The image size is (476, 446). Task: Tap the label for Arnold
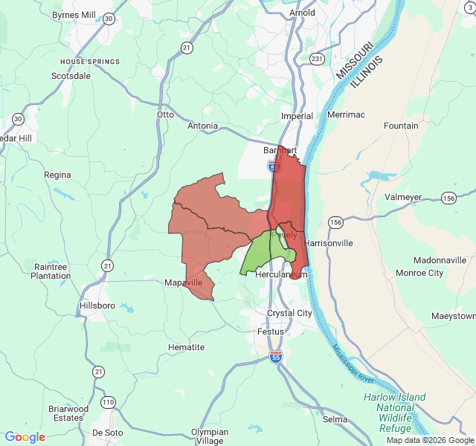click(302, 13)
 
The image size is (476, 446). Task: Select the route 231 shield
click(317, 59)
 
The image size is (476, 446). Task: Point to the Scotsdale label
click(71, 76)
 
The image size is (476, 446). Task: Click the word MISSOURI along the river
click(353, 62)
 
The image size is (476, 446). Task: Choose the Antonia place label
click(202, 126)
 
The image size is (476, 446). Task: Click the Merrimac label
click(346, 115)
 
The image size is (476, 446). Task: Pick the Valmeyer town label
click(403, 197)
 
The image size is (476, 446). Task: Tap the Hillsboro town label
click(97, 306)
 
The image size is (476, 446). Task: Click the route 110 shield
click(109, 402)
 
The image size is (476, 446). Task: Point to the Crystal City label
click(289, 313)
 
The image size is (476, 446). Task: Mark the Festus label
click(271, 332)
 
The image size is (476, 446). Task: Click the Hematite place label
click(186, 347)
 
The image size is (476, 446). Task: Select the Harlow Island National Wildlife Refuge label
click(395, 413)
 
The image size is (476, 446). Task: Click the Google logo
click(25, 437)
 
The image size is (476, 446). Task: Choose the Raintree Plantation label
click(50, 271)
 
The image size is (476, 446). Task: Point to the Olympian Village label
click(210, 436)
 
